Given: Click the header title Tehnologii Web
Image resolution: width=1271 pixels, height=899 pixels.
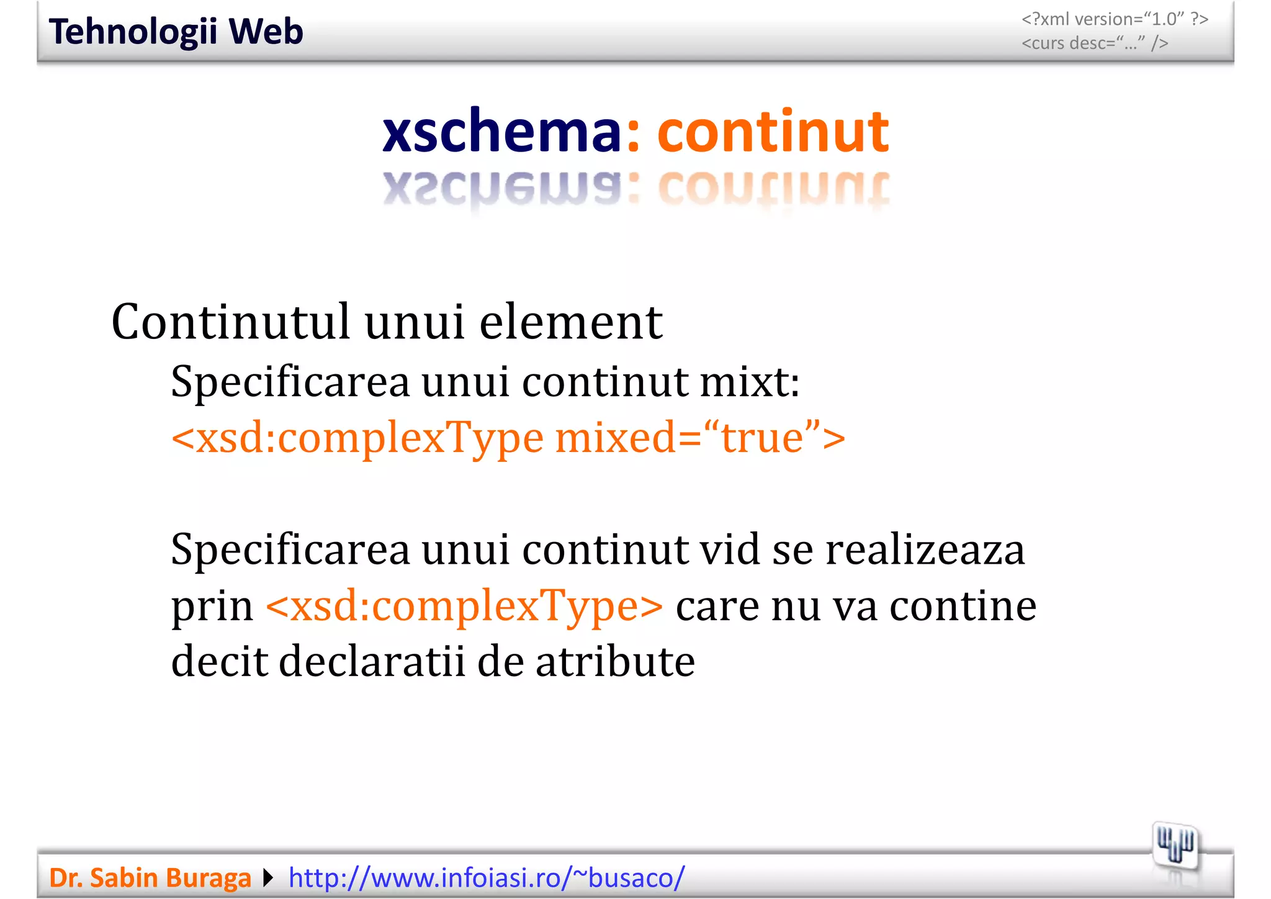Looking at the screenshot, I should click(x=176, y=32).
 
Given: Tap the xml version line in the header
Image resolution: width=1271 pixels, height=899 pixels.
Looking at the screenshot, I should click(x=1115, y=19).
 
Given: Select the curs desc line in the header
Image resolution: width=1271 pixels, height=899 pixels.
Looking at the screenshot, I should click(x=1095, y=43).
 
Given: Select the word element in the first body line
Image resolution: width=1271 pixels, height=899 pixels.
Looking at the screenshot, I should click(x=571, y=322).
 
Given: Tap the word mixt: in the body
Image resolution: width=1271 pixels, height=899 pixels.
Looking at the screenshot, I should click(x=750, y=381).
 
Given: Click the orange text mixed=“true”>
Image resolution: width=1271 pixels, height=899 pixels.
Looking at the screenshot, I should click(x=700, y=437).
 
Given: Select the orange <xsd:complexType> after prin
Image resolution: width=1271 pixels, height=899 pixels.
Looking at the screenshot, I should click(x=464, y=606).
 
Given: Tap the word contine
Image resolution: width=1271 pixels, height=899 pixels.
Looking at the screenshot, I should click(x=963, y=606).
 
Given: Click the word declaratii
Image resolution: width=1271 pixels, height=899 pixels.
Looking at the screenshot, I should click(x=371, y=662).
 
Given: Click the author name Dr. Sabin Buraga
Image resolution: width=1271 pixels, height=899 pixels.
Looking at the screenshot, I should click(x=150, y=878).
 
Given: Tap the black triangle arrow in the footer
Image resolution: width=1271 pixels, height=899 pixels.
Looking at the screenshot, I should click(x=268, y=878).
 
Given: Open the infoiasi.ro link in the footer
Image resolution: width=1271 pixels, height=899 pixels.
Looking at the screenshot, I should click(x=487, y=878).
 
